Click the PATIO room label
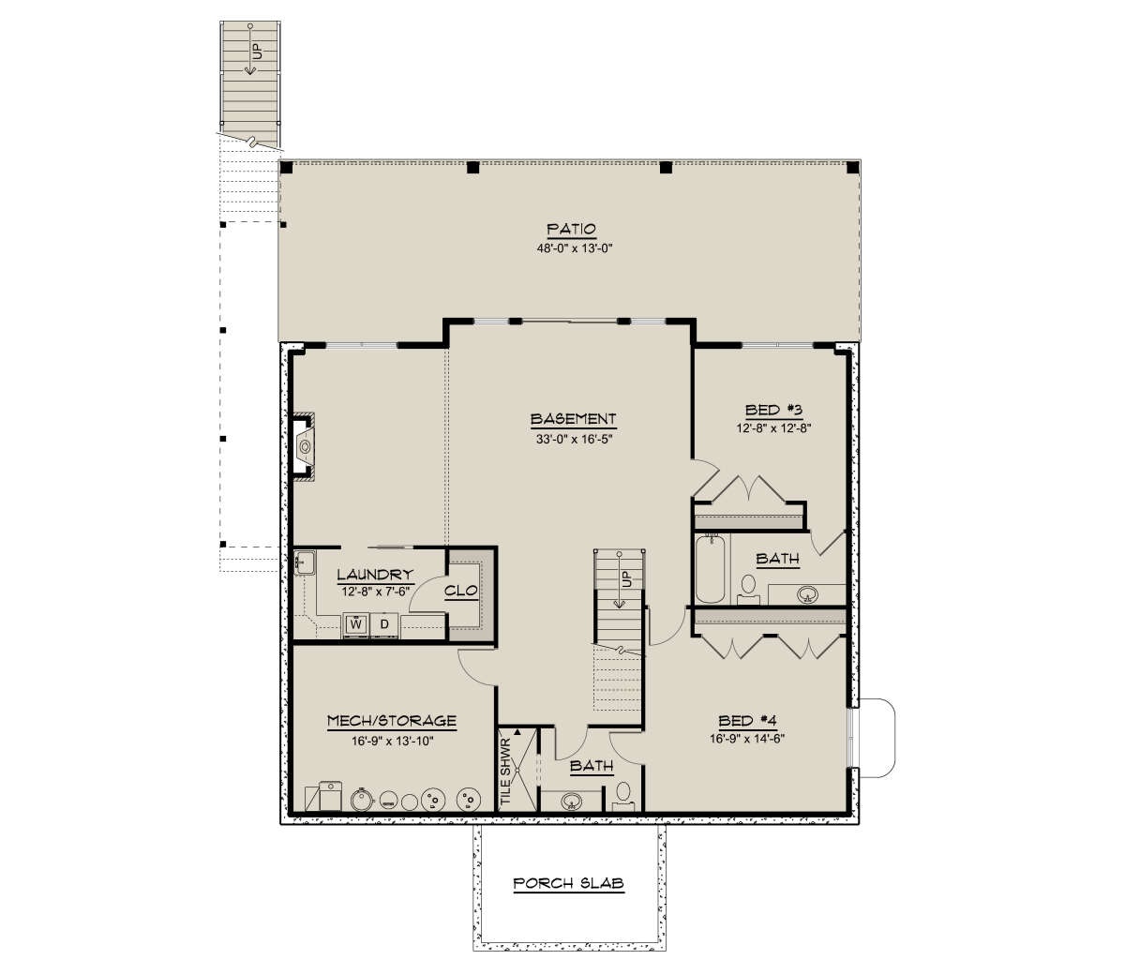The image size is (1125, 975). pyautogui.click(x=572, y=229)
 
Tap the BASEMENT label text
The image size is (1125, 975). pyautogui.click(x=573, y=419)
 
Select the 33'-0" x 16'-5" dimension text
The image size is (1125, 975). pyautogui.click(x=574, y=439)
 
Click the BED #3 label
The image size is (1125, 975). pyautogui.click(x=774, y=410)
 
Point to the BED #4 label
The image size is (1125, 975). pyautogui.click(x=747, y=721)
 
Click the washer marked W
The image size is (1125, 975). pyautogui.click(x=356, y=623)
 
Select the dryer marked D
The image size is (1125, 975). pyautogui.click(x=384, y=623)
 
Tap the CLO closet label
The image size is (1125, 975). pyautogui.click(x=460, y=591)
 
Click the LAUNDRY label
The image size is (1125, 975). pyautogui.click(x=375, y=575)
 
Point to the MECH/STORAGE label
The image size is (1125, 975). pyautogui.click(x=391, y=721)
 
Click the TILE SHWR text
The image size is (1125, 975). pyautogui.click(x=505, y=772)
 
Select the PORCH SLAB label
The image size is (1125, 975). pyautogui.click(x=568, y=883)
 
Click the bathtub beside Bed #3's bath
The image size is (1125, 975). pyautogui.click(x=711, y=568)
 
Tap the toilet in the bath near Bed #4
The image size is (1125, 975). pyautogui.click(x=623, y=794)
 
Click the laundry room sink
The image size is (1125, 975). pyautogui.click(x=305, y=562)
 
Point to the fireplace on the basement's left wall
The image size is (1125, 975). pyautogui.click(x=303, y=447)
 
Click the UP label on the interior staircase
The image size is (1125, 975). pyautogui.click(x=626, y=578)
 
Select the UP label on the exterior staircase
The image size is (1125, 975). pyautogui.click(x=257, y=52)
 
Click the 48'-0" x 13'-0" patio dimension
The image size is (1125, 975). pyautogui.click(x=574, y=248)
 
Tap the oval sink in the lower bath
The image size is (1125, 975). pyautogui.click(x=571, y=801)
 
